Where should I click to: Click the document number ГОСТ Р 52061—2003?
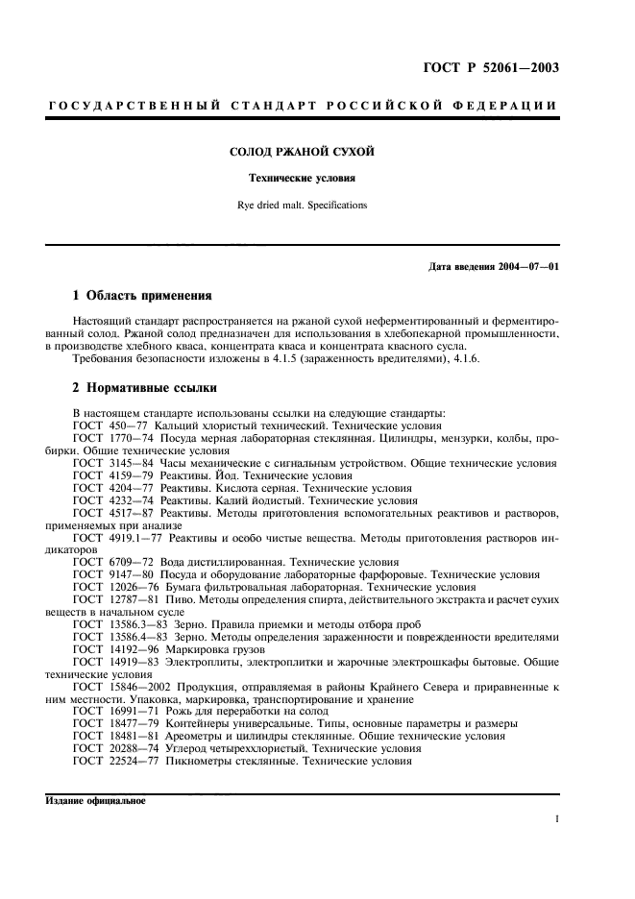point(490,67)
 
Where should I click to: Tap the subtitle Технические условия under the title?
point(300,179)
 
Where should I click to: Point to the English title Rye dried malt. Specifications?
point(300,205)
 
